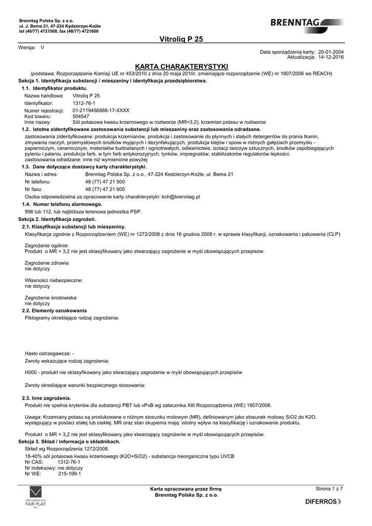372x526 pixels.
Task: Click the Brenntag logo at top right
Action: point(307,23)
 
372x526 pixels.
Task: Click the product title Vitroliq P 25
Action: point(181,40)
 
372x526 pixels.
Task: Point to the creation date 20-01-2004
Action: point(331,52)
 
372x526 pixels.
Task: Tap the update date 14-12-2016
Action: point(331,58)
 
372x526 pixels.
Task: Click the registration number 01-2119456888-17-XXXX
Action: point(101,110)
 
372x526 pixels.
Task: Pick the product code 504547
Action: point(81,117)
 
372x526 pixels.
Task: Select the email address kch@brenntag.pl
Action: point(180,196)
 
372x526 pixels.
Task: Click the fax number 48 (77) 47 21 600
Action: point(105,189)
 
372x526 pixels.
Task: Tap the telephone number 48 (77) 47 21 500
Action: point(105,182)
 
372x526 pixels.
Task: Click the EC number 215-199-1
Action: point(69,474)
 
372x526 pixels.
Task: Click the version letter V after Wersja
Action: point(43,48)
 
